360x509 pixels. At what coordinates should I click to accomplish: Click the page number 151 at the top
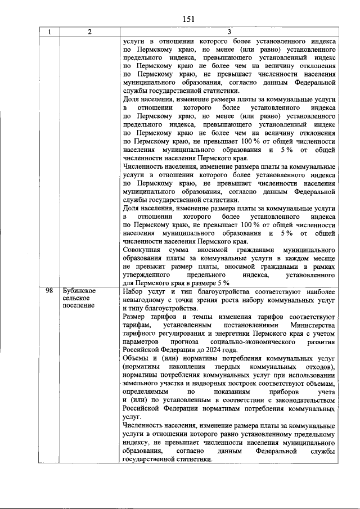188,19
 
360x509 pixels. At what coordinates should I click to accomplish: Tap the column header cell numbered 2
90,32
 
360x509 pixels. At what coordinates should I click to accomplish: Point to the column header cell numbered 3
229,32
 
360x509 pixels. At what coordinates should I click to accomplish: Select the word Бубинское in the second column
79,291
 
